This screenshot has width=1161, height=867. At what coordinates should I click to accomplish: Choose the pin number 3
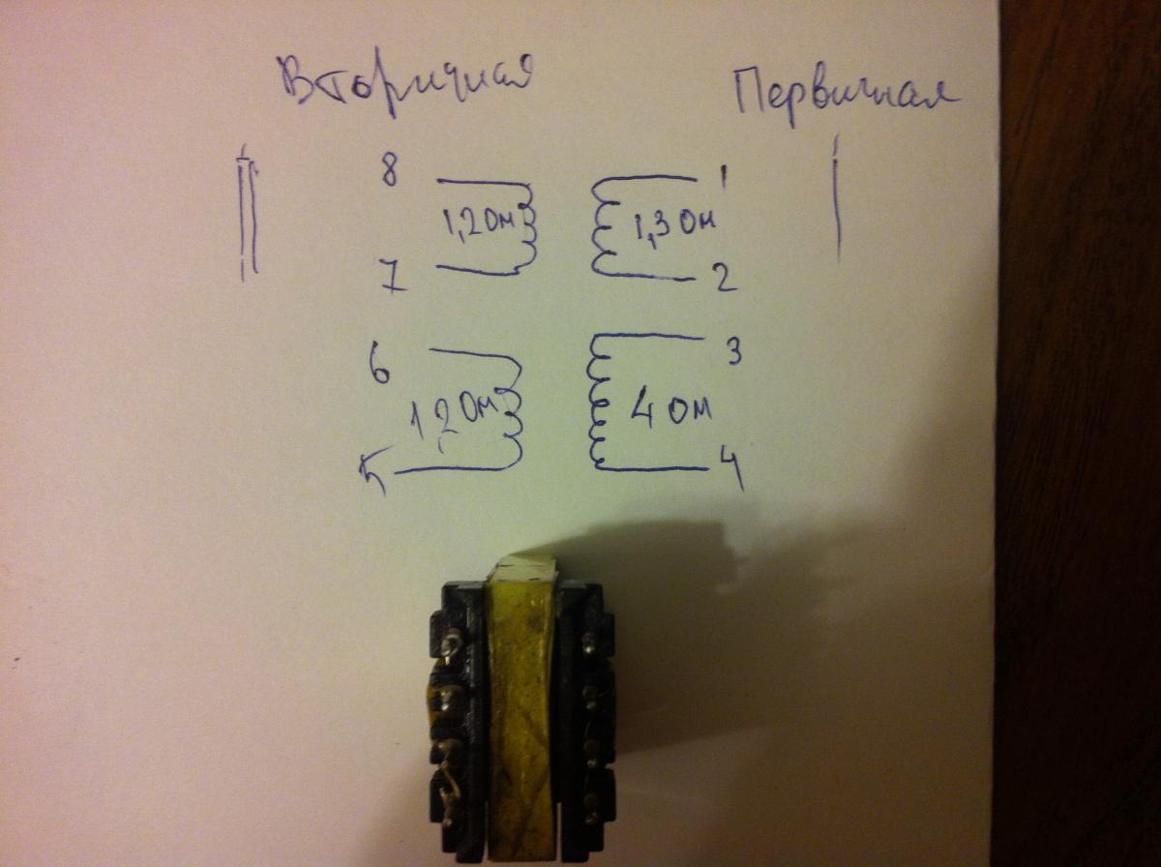pyautogui.click(x=732, y=352)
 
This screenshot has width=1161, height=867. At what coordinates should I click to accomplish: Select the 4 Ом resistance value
pyautogui.click(x=670, y=410)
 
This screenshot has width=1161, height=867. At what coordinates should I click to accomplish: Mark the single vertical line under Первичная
pyautogui.click(x=836, y=198)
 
